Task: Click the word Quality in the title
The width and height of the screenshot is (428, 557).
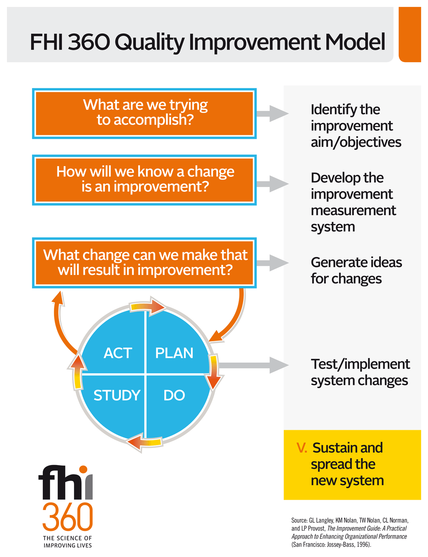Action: click(x=149, y=42)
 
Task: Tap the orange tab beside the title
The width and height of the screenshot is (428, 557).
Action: click(x=410, y=34)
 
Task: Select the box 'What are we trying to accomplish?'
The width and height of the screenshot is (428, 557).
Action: click(x=144, y=113)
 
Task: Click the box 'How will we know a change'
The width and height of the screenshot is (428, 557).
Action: click(x=144, y=180)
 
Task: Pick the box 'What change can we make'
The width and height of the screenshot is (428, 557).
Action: click(x=144, y=263)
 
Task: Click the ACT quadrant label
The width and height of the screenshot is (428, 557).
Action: click(x=118, y=353)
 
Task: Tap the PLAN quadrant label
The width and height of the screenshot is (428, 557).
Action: click(x=174, y=353)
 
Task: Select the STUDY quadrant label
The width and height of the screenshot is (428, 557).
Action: click(x=117, y=395)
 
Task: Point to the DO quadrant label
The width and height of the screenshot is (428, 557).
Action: click(x=174, y=395)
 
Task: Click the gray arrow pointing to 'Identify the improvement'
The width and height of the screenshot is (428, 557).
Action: click(x=273, y=113)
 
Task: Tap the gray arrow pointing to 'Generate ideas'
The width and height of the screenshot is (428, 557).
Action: click(x=273, y=263)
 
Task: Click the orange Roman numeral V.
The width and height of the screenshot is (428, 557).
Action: click(x=302, y=447)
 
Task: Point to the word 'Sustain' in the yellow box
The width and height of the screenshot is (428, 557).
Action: click(x=336, y=447)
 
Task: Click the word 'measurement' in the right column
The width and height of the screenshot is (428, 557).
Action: click(x=354, y=211)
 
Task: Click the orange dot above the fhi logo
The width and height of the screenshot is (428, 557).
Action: click(x=83, y=470)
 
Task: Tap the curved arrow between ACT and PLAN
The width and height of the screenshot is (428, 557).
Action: click(x=147, y=306)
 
